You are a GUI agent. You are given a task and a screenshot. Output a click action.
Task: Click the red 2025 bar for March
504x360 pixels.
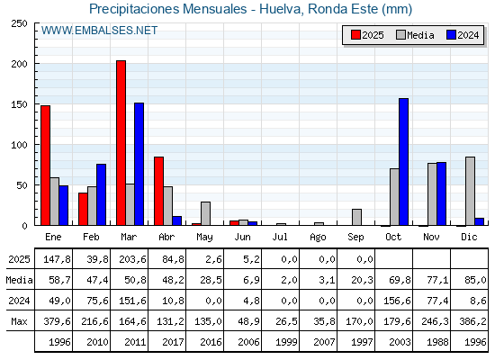pos(121,143)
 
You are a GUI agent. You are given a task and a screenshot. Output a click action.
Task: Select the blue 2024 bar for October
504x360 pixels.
pos(403,162)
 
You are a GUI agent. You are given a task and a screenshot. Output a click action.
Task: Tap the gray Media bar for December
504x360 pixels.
pos(470,191)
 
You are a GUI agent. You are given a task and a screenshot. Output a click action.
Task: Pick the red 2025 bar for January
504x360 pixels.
pos(45,166)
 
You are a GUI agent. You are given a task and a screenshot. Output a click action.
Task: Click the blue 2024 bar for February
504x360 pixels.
pos(101,194)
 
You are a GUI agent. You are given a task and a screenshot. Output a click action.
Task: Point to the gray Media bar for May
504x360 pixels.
pos(205,213)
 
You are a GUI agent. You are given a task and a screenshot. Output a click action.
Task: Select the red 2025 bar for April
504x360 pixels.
pos(158,191)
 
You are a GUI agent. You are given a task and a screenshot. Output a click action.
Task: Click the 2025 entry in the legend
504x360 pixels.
pos(367,35)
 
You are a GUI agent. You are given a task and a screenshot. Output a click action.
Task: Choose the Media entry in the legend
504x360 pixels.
pos(415,35)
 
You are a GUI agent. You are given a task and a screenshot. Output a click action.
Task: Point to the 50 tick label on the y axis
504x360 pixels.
pos(22,185)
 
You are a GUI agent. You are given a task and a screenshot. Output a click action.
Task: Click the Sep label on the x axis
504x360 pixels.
pos(355,238)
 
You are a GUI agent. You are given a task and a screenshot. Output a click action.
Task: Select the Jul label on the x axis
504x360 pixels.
pos(280,237)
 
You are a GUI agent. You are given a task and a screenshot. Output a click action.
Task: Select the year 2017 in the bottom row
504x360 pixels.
pos(173,342)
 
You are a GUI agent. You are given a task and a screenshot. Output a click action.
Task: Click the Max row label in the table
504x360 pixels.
pos(19,321)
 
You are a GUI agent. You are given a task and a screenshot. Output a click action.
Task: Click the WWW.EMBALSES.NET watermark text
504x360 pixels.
pos(99,31)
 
